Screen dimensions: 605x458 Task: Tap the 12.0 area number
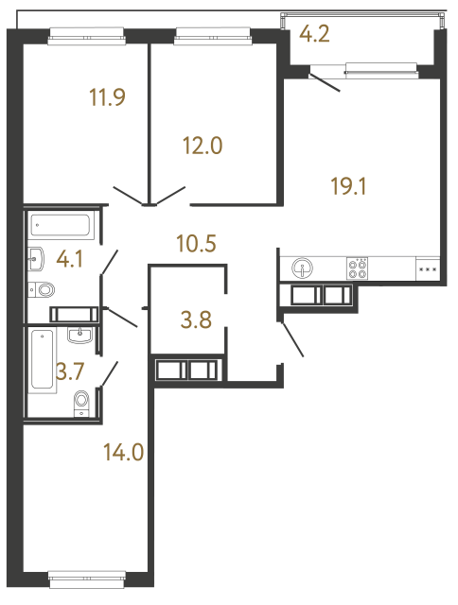point(202,146)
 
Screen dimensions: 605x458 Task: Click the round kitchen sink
point(303,268)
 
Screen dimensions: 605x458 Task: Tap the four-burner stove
point(359,268)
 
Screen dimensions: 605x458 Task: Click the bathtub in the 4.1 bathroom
point(61,227)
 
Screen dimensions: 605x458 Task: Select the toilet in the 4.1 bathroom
point(44,290)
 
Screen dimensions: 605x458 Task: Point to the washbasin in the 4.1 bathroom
point(38,257)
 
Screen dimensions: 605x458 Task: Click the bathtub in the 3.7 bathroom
point(42,359)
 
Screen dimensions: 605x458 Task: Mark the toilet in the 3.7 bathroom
point(81,402)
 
